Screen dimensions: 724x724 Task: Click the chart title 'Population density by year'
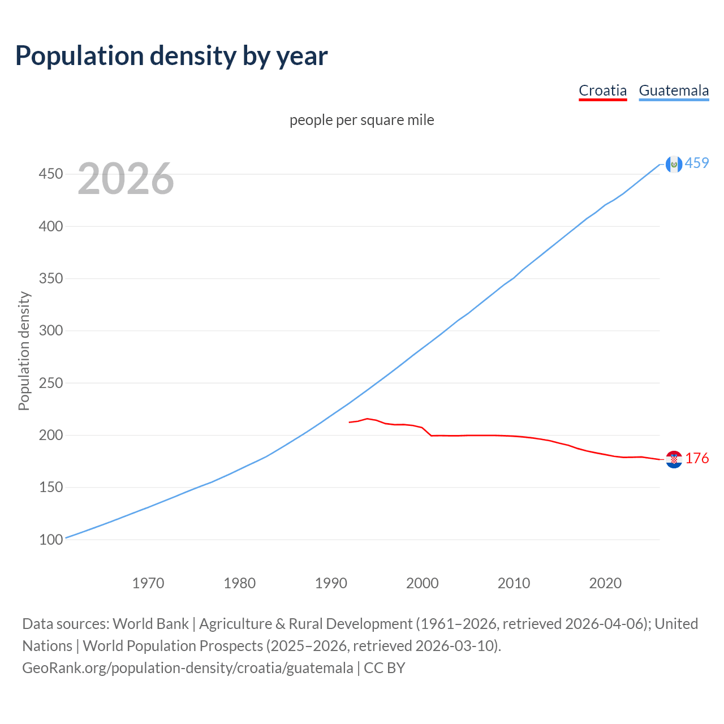coord(171,56)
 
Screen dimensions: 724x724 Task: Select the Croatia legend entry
coord(602,90)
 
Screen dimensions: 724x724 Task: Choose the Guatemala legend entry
coord(674,90)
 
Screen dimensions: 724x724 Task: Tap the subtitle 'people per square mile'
coord(362,120)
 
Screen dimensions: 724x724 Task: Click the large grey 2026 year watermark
coord(126,179)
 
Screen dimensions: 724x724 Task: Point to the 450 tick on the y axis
coord(50,174)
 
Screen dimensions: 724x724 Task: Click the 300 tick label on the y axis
coord(50,330)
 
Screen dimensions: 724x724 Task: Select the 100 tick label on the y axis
coord(50,540)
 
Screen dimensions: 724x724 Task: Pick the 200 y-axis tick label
coord(50,435)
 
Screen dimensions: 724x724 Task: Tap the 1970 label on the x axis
coord(148,583)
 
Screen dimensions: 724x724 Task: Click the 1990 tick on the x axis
coord(331,583)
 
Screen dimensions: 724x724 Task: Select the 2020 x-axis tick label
coord(605,583)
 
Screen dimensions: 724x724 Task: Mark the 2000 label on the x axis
coord(423,583)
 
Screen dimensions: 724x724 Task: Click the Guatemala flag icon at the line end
coord(674,164)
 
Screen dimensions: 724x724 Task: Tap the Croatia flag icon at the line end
coord(674,459)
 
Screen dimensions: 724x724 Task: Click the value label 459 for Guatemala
coord(697,163)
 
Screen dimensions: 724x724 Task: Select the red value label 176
coord(697,458)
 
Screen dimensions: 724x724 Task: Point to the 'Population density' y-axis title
coord(24,351)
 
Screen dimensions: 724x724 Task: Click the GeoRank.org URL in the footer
coord(187,668)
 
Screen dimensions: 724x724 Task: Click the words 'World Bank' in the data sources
coord(150,624)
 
